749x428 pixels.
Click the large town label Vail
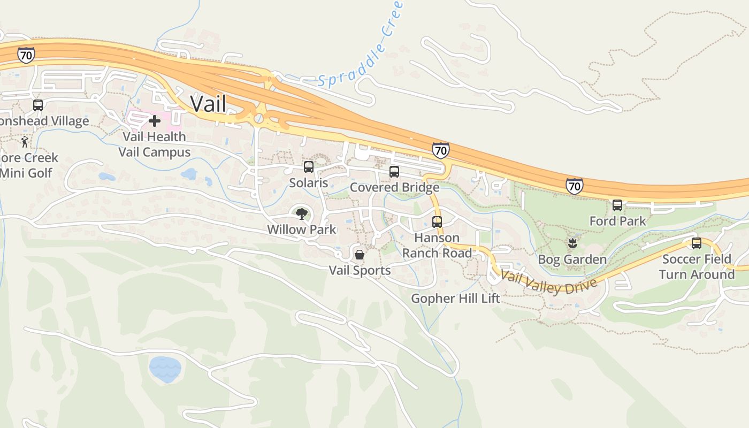point(208,103)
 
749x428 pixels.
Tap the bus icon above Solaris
point(309,167)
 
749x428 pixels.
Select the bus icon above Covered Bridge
point(394,172)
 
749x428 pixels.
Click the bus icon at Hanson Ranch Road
point(437,221)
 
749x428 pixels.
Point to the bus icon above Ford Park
point(617,205)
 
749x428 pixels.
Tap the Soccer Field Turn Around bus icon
point(697,243)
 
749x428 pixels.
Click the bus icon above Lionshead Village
point(38,105)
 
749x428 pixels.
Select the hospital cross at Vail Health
point(155,121)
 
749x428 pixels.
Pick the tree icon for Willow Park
point(302,215)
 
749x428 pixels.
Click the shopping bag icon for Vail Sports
point(360,255)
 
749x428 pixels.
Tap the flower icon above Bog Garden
point(572,244)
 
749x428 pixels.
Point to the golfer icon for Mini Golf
point(25,142)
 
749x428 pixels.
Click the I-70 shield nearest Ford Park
point(574,186)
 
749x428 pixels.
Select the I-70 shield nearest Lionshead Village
point(26,55)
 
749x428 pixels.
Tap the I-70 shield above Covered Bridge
point(440,151)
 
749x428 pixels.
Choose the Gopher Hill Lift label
point(455,299)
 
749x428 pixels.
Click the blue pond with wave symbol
point(165,369)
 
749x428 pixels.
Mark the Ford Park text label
point(617,221)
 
